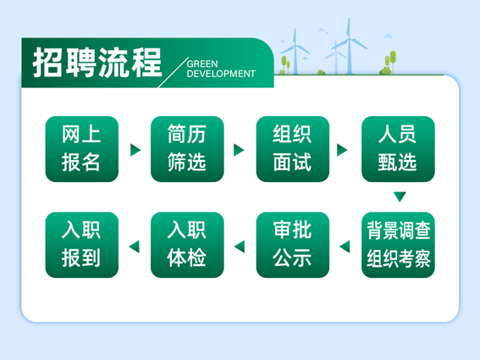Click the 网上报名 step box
coord(82,149)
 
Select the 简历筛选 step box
coord(187,149)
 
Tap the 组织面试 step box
coord(293,149)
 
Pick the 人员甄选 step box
coord(398,149)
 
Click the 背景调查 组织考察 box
coord(398,245)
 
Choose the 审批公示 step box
coord(293,245)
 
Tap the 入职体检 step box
coord(187,245)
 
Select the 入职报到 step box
coord(82,245)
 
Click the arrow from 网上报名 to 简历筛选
coord(135,150)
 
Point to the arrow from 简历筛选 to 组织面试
coord(239,150)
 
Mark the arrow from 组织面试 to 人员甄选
coord(342,150)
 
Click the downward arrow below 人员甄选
coord(400,196)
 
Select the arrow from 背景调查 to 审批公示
coord(345,246)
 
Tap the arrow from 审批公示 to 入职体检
coord(240,246)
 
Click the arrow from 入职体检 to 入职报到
coord(135,246)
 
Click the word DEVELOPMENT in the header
coord(221,74)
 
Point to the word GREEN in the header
coord(202,64)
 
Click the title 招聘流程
coord(97,62)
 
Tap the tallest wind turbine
coord(349,46)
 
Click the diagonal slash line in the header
coord(173,72)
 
